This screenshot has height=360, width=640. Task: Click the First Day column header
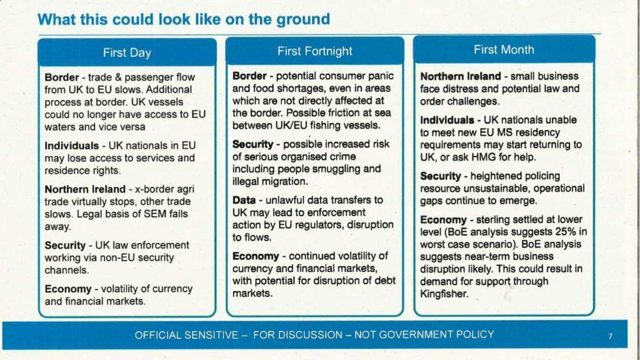tap(127, 52)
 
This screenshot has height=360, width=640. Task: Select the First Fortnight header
tap(314, 51)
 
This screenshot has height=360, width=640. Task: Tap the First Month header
tap(504, 49)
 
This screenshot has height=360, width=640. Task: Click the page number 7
tap(610, 336)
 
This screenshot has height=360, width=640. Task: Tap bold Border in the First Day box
tap(61, 77)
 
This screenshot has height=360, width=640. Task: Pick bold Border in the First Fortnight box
tap(249, 76)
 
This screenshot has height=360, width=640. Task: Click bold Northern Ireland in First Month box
tap(461, 77)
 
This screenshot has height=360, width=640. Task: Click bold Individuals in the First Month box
tap(446, 120)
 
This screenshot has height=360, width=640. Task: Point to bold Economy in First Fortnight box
tap(255, 256)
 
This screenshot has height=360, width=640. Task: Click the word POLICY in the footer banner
tap(474, 334)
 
